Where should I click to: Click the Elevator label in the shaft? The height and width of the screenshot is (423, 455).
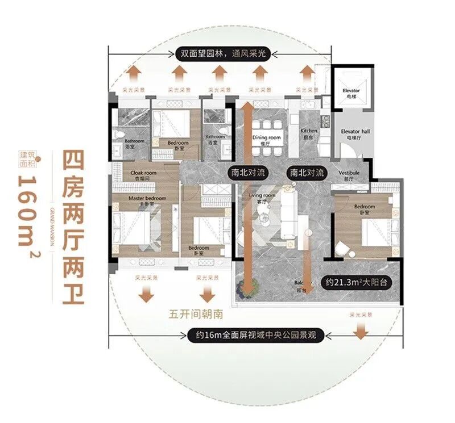(351, 93)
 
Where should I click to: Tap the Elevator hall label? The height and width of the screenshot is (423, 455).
(355, 134)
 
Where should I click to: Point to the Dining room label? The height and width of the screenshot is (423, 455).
(267, 140)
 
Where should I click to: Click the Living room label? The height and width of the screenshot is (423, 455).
(262, 198)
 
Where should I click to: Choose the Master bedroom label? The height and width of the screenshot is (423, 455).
(147, 200)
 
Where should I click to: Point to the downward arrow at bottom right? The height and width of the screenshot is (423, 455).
(359, 330)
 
